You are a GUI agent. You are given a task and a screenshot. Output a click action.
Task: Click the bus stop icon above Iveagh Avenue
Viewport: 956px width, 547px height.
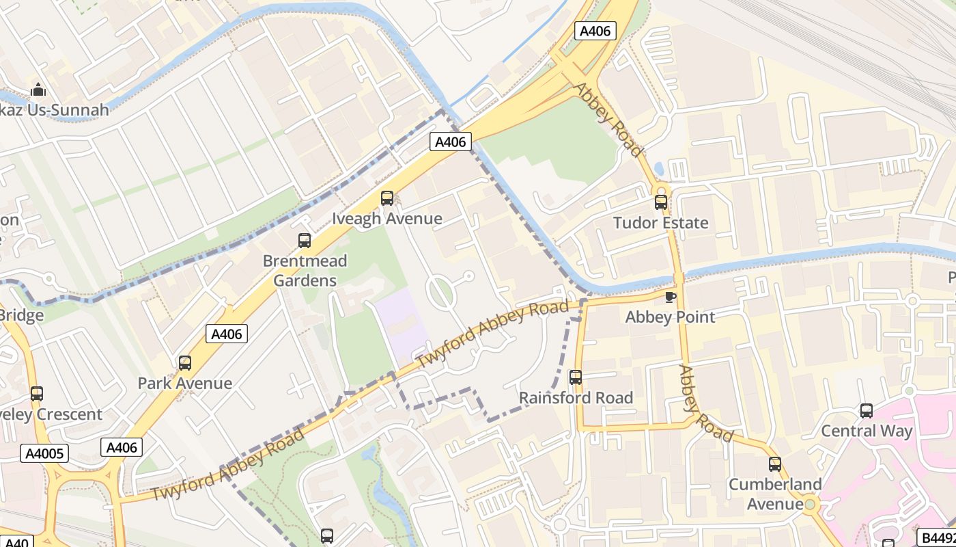[387, 198]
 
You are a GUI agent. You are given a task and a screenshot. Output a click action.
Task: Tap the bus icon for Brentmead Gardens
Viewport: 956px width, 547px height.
[305, 241]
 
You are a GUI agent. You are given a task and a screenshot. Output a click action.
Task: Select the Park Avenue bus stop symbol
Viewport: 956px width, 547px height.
[185, 363]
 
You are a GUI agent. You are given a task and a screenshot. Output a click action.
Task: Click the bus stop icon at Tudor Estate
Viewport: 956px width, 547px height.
[660, 202]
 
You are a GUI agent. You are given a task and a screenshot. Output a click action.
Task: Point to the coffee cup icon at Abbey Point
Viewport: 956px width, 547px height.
[670, 297]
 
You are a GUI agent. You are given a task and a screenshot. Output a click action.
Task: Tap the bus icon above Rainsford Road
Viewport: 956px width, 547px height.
[576, 377]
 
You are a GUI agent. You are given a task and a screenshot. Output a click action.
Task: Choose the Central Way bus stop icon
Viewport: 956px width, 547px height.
[867, 411]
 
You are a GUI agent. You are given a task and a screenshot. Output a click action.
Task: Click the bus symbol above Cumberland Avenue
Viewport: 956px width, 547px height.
[775, 464]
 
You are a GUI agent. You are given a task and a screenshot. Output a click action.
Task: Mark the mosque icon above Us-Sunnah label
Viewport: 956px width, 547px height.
[38, 90]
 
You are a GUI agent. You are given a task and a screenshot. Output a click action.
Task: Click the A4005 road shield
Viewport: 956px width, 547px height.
[44, 453]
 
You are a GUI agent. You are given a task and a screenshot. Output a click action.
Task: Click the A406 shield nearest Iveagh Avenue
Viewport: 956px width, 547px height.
[451, 142]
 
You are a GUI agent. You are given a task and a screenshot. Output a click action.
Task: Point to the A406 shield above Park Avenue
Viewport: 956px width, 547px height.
[227, 334]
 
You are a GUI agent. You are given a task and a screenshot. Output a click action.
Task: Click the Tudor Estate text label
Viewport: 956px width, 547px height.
[660, 223]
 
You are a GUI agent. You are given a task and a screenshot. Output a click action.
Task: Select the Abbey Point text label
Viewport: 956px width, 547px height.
[670, 317]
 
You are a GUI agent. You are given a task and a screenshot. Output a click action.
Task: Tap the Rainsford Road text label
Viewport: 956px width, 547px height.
[576, 397]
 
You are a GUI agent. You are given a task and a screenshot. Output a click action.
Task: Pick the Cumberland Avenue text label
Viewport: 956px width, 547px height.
[775, 494]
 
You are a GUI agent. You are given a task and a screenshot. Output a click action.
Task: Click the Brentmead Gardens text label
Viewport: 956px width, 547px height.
[305, 271]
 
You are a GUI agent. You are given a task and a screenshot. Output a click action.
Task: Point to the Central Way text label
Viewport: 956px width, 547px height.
[867, 431]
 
